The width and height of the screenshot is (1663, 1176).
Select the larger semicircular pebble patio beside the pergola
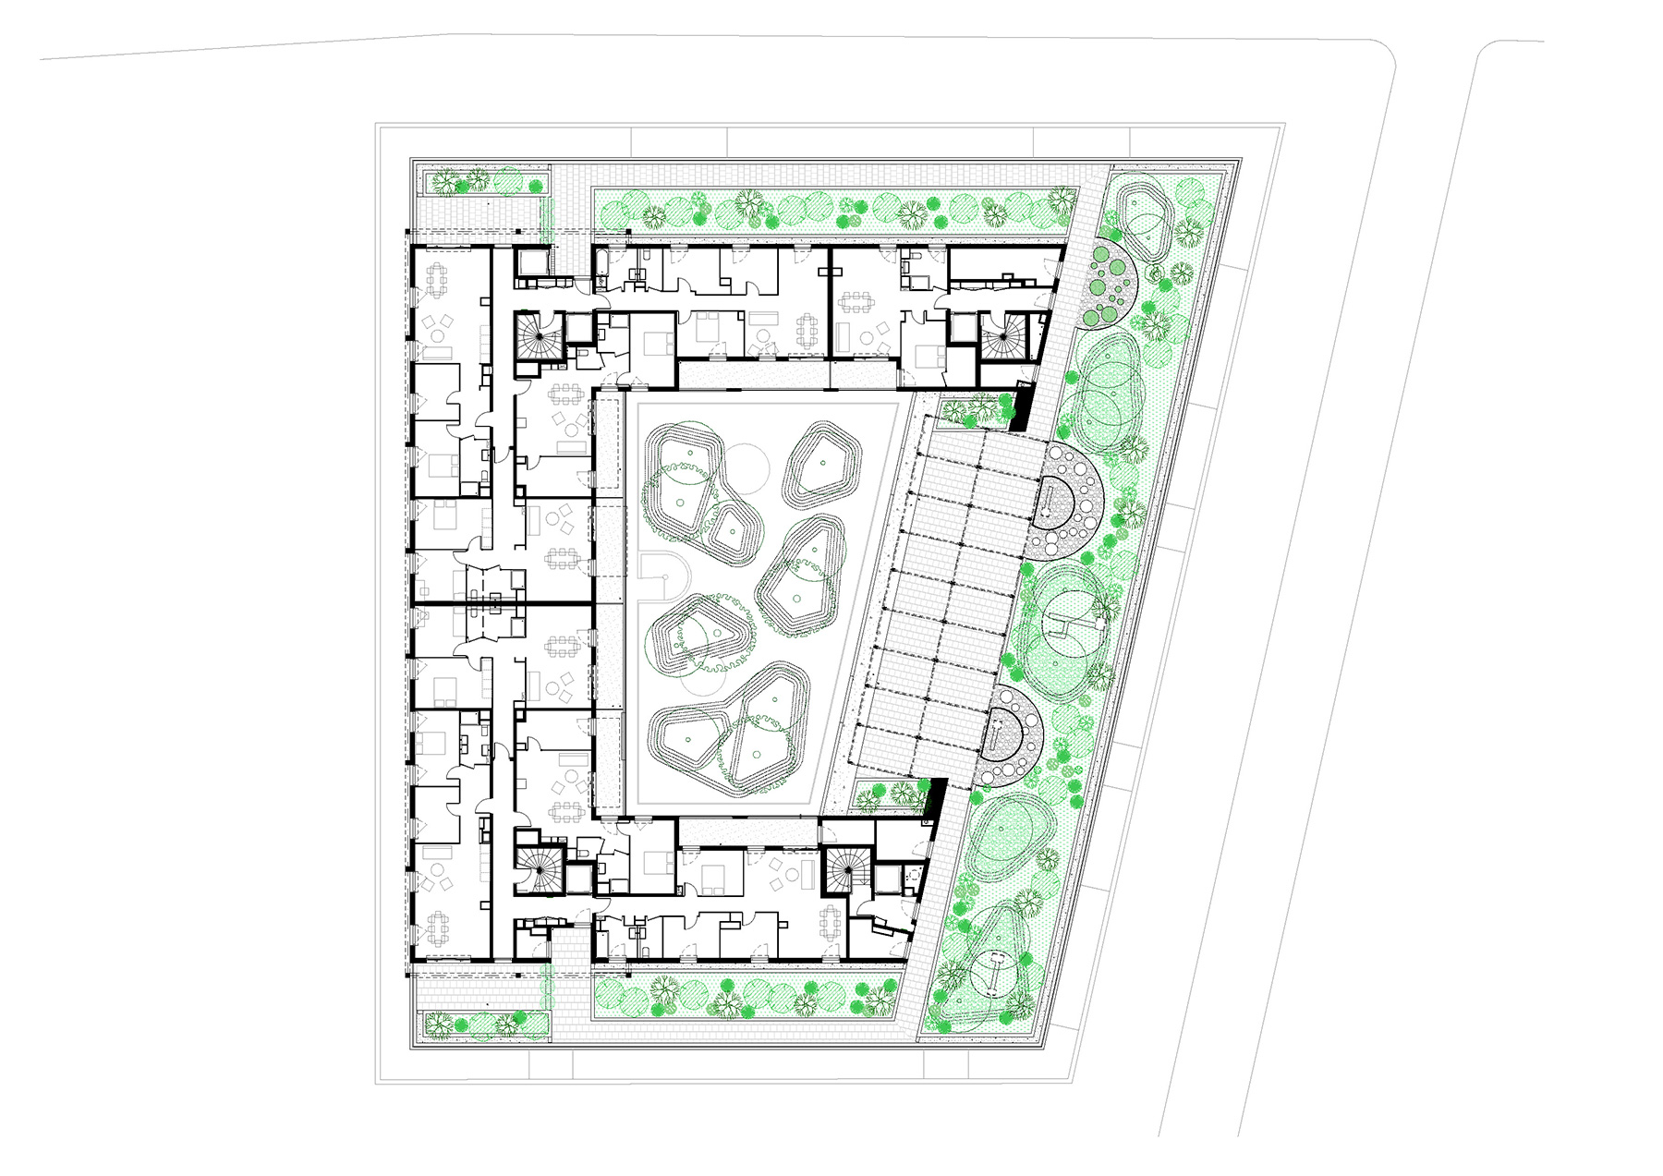tap(1062, 499)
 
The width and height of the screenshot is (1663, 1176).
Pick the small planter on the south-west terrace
tap(485, 1024)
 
